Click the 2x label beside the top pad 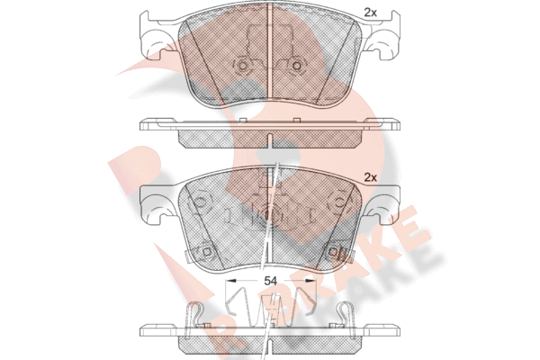tap(371, 13)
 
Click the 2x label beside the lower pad tap(371, 178)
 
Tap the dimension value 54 tap(270, 281)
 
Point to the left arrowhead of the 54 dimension tap(229, 281)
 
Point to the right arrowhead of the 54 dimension tap(311, 281)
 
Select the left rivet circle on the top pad tap(243, 66)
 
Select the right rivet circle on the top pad tap(296, 66)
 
